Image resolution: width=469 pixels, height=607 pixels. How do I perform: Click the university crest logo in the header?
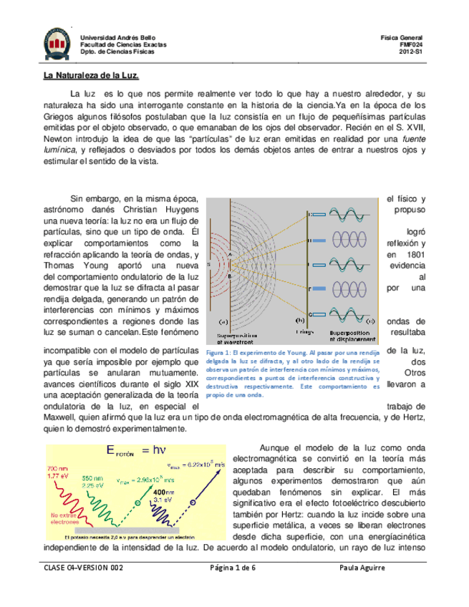(x=54, y=43)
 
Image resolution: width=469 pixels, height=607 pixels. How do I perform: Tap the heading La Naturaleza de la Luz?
(x=87, y=76)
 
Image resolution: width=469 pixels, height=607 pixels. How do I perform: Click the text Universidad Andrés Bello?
(x=116, y=37)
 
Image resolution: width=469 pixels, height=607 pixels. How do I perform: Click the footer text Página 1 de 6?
(x=232, y=567)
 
